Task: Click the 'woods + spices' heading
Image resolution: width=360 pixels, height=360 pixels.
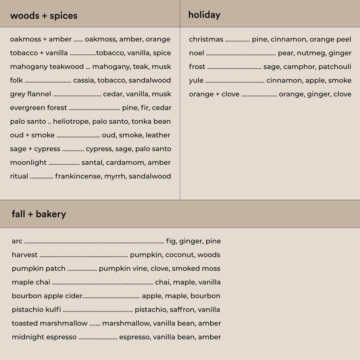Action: pos(44,16)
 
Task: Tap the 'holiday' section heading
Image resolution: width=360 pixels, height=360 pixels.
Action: pos(204,15)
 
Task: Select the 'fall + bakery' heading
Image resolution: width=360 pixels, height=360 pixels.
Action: pos(39,214)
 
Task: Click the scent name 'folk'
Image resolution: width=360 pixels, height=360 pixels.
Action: pos(16,80)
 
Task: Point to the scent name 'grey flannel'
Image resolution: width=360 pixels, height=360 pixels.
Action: pos(31,94)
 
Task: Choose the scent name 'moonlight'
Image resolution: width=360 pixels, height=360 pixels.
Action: pos(28,163)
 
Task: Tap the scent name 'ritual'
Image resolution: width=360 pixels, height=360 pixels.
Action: pos(19,176)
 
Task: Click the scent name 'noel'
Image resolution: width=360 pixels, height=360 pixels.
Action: pos(196,53)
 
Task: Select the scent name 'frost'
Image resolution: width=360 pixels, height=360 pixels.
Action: pos(197,67)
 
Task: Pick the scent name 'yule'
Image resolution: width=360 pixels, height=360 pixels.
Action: pos(196,80)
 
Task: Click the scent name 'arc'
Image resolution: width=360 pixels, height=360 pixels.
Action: pos(17,241)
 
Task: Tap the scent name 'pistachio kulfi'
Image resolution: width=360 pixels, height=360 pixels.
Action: pos(36,310)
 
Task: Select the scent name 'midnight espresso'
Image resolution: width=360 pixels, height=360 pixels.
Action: pos(44,337)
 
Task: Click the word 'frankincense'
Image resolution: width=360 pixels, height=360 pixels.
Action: pos(78,176)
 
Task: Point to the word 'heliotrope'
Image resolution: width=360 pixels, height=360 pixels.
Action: pos(71,121)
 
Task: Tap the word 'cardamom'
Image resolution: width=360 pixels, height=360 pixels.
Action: pos(125,163)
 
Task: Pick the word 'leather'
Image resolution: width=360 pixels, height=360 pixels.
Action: pos(158,135)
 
